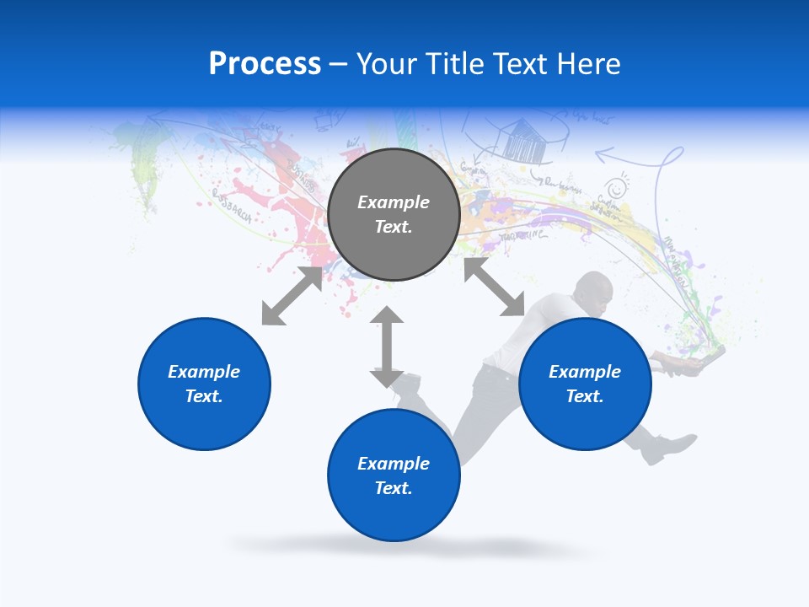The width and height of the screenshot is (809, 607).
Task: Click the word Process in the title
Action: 265,64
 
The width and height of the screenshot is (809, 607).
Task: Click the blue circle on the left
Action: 204,384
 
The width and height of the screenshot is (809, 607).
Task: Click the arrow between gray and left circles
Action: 292,296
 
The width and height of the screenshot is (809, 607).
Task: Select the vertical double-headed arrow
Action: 387,346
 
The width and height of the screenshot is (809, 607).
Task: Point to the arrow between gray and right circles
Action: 493,287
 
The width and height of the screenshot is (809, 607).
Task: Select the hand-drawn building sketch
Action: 523,140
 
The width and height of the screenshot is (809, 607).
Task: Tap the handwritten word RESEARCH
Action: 232,205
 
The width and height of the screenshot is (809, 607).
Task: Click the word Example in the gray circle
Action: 394,202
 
